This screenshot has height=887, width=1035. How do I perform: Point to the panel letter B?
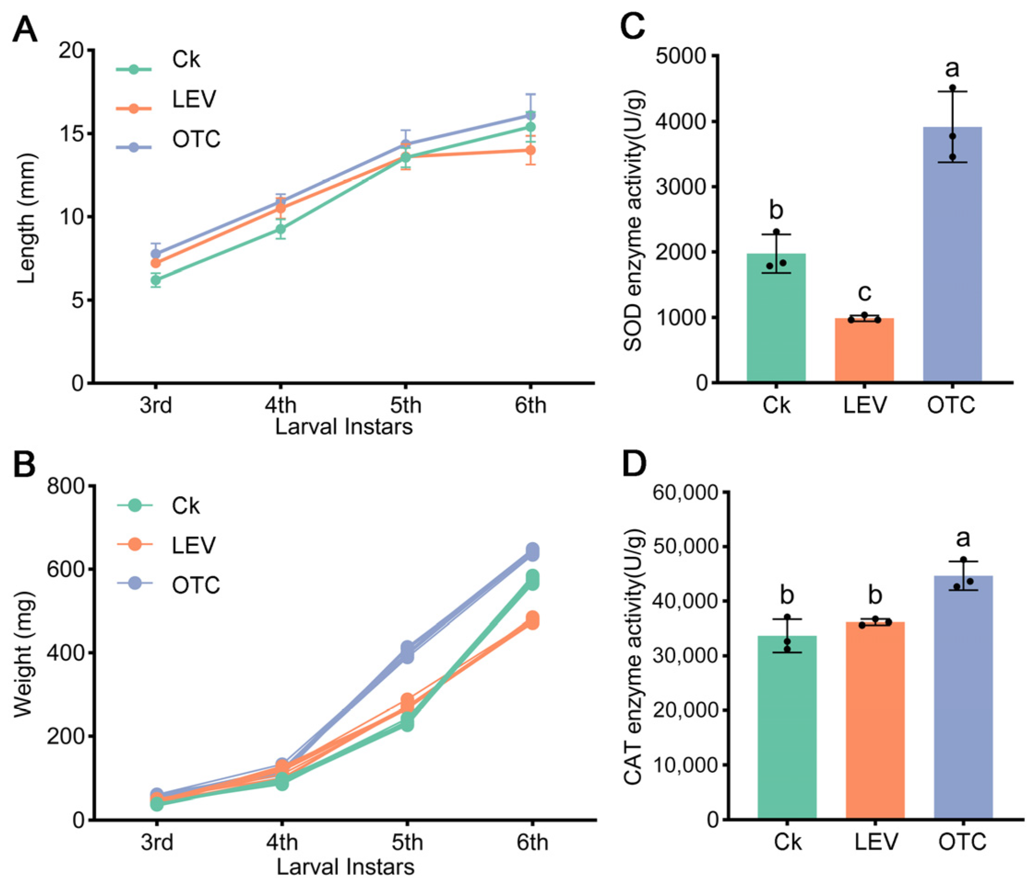click(x=24, y=465)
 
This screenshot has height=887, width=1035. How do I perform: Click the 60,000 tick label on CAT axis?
click(x=686, y=493)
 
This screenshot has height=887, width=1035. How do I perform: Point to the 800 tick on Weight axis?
click(x=71, y=486)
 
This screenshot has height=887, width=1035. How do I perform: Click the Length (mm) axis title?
click(x=27, y=218)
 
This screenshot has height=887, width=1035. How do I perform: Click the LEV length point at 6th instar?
click(x=531, y=150)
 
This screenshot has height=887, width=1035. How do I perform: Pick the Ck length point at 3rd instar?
click(x=156, y=280)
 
